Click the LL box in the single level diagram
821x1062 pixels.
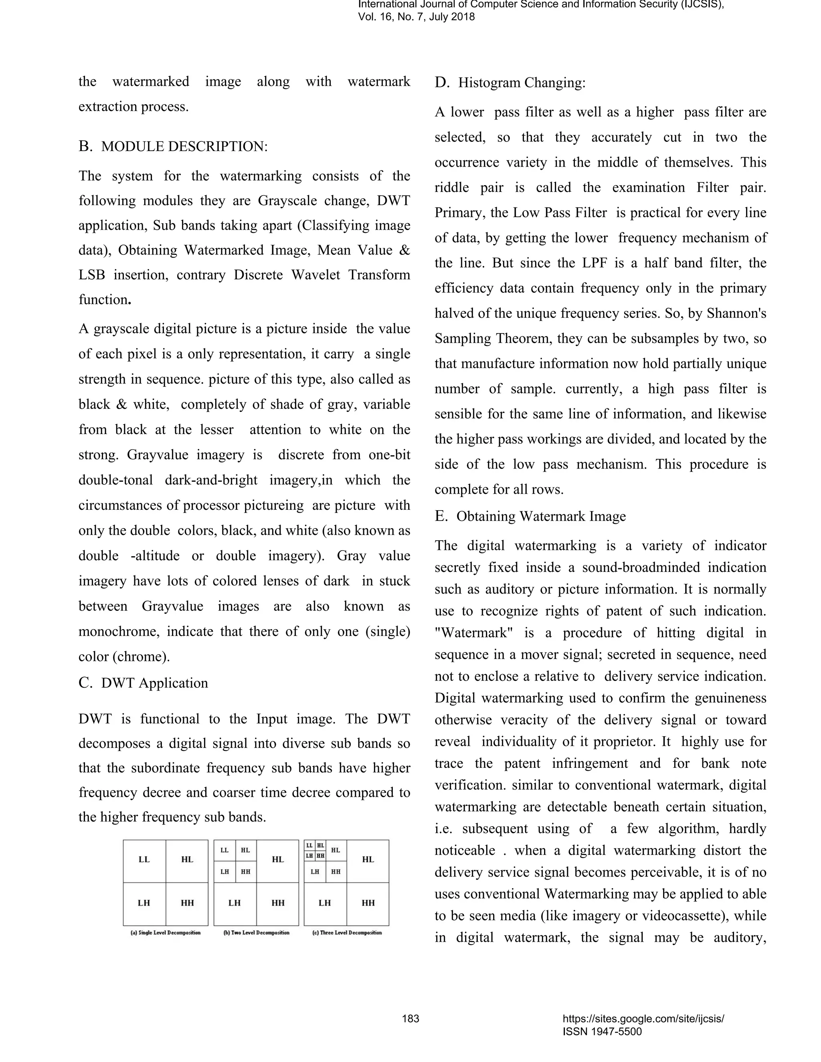tap(144, 859)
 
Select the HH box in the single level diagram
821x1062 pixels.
tap(187, 903)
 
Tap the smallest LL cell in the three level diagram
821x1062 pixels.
tap(309, 846)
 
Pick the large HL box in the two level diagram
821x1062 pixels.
tap(278, 859)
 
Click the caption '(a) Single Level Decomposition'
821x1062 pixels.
tap(166, 933)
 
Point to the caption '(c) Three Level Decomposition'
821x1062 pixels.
tap(347, 933)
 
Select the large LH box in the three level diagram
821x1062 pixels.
tap(325, 903)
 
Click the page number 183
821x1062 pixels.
tap(410, 1019)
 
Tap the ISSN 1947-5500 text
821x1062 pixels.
tap(602, 1032)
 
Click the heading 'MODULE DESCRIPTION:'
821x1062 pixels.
tap(184, 146)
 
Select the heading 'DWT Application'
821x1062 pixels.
tap(154, 683)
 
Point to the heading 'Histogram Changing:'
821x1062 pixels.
tap(522, 83)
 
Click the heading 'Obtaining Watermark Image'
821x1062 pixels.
tap(540, 517)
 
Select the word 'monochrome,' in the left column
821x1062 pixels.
tap(119, 632)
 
